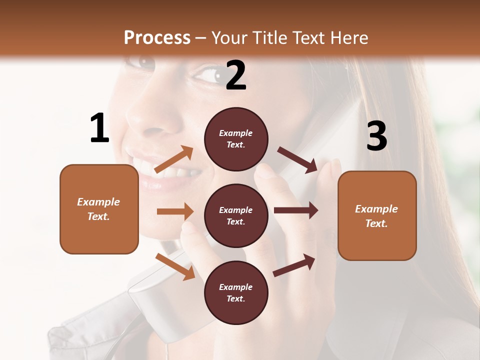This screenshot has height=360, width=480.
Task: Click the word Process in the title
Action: click(157, 37)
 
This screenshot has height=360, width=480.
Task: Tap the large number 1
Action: click(99, 128)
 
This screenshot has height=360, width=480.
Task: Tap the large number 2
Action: click(236, 75)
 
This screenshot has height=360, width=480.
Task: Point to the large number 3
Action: click(376, 136)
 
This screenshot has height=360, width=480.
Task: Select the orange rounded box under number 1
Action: click(99, 209)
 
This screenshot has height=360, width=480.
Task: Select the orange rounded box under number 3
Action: click(377, 215)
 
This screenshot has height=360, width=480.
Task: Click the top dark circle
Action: click(236, 139)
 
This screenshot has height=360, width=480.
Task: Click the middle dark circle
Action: click(236, 215)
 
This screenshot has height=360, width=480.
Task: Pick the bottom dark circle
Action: click(236, 292)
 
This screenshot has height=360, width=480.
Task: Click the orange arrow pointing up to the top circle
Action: click(174, 159)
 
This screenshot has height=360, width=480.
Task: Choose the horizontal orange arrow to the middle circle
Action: click(175, 211)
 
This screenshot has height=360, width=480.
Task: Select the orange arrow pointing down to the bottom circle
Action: click(175, 266)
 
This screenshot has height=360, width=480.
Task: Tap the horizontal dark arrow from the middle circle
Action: click(295, 210)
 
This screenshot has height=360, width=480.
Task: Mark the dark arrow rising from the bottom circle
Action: click(294, 265)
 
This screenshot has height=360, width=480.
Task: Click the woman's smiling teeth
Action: click(165, 175)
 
